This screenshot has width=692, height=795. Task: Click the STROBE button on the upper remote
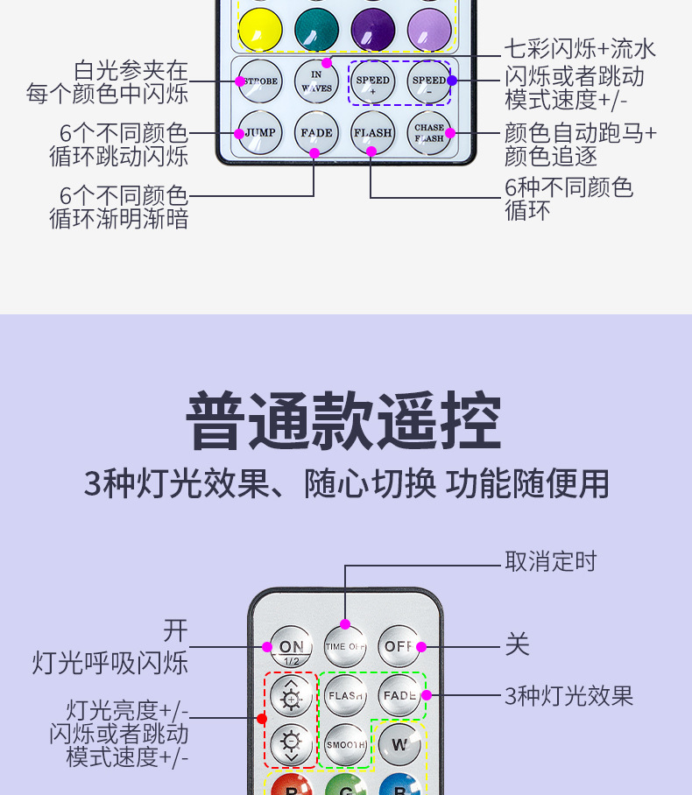point(260,81)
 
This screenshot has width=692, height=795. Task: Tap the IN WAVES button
point(316,81)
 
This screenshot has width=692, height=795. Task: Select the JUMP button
point(260,133)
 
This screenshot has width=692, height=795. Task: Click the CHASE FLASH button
point(429,133)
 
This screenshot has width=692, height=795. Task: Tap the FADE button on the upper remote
point(316,133)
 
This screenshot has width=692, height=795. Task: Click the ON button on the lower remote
point(291,647)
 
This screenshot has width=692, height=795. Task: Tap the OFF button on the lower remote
point(399,647)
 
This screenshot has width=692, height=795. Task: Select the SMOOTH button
point(346,745)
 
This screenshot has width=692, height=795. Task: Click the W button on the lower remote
point(399,745)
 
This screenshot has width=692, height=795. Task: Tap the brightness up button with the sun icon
point(291,697)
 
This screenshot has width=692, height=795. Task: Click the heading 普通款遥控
point(344,423)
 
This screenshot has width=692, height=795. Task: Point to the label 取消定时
point(550,561)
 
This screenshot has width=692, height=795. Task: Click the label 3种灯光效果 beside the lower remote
point(568,696)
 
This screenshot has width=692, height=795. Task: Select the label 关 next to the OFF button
point(517,646)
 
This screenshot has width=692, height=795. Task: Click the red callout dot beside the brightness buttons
point(261,719)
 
